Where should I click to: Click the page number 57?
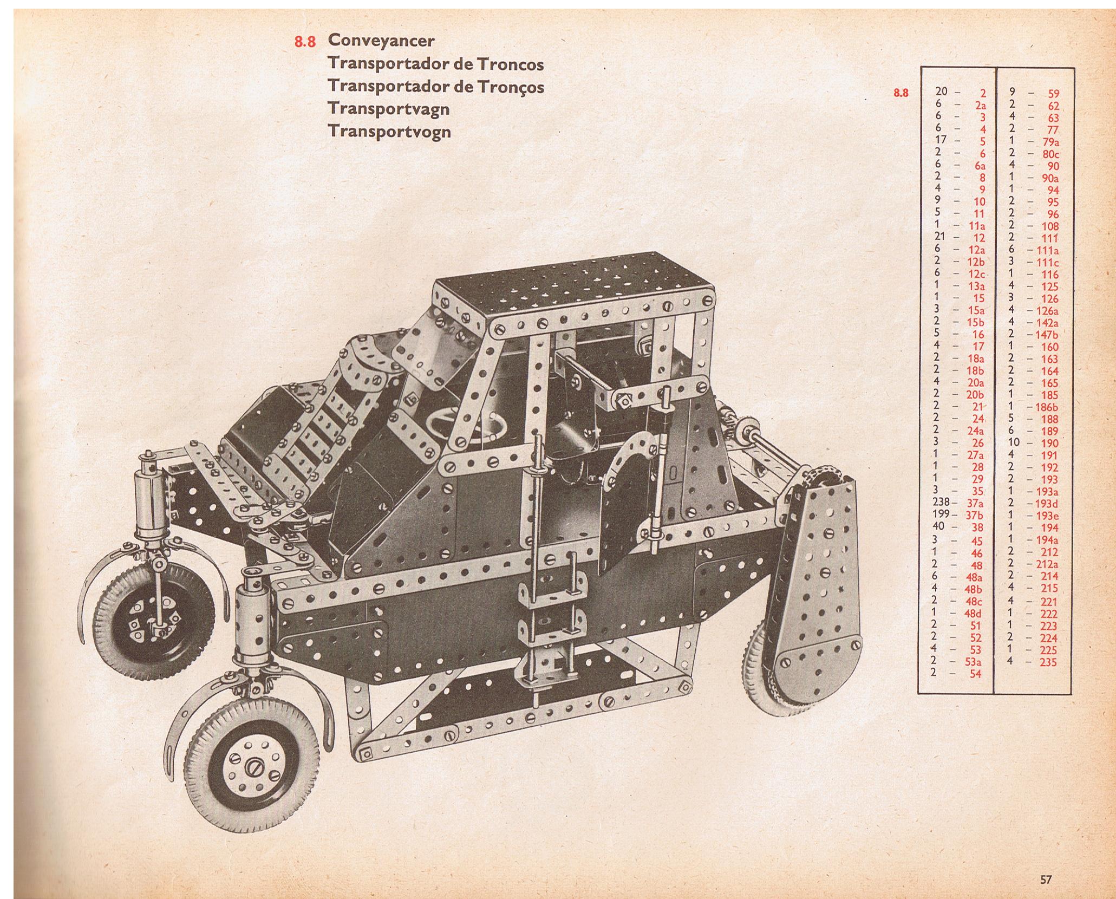(1045, 864)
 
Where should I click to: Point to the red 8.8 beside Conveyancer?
(305, 42)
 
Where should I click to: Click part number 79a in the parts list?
(1049, 142)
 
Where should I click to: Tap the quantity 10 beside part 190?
(1014, 442)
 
